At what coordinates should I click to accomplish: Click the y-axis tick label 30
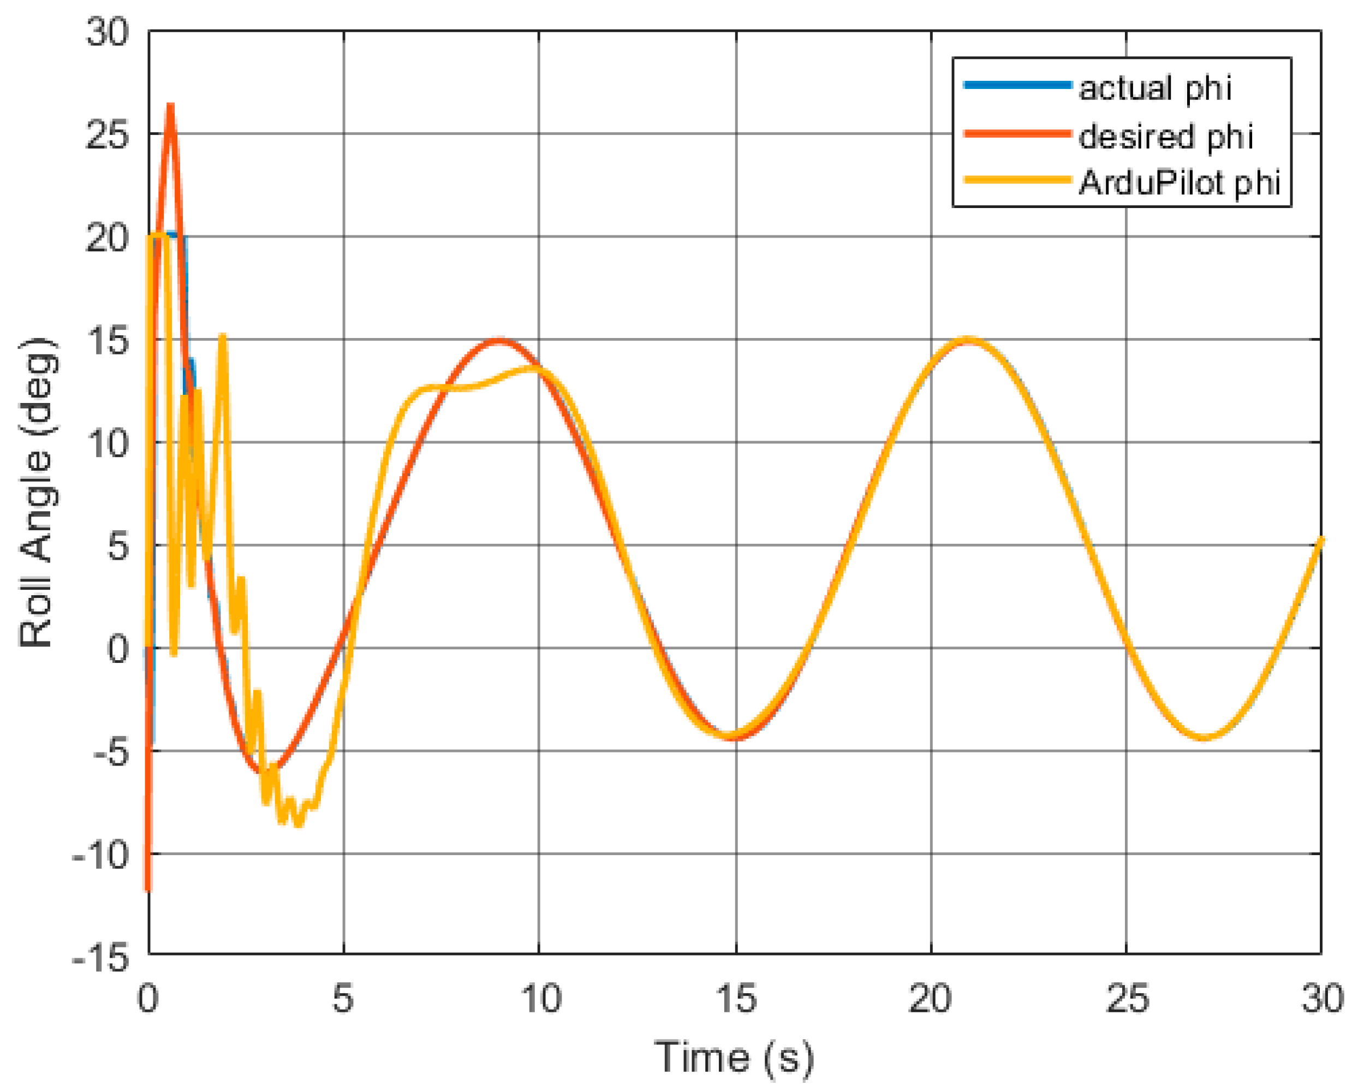pos(108,32)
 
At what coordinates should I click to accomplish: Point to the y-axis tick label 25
pos(108,135)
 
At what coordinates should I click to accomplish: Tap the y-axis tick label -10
pos(101,856)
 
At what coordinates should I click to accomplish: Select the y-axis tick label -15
pos(101,959)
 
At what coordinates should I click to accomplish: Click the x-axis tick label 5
pos(343,999)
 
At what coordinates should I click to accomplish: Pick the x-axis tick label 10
pos(540,999)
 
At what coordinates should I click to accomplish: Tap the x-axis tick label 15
pos(736,999)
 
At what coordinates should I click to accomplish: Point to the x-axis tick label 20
pos(931,999)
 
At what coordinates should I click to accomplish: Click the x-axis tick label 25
pos(1126,999)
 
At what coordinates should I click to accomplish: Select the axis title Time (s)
pos(734,1057)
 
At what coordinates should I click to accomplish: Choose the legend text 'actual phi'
pos(1155,88)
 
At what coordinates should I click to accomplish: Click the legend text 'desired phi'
pos(1165,136)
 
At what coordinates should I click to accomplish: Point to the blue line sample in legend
pos(1017,85)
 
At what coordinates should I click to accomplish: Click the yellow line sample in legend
pos(1017,180)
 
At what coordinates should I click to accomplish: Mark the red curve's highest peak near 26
pos(170,106)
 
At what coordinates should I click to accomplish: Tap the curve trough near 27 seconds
pos(1205,738)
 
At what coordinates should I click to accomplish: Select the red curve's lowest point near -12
pos(147,888)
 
